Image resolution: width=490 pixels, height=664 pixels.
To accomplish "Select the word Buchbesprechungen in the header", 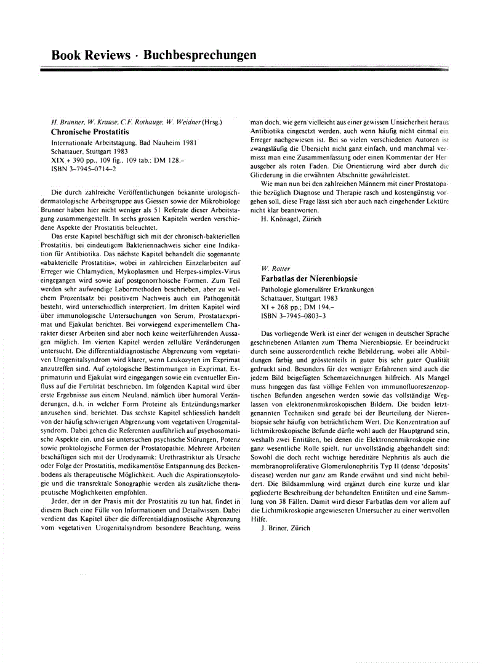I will pos(199,55).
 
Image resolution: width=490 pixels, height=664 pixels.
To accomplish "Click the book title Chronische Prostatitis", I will pos(90,132).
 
